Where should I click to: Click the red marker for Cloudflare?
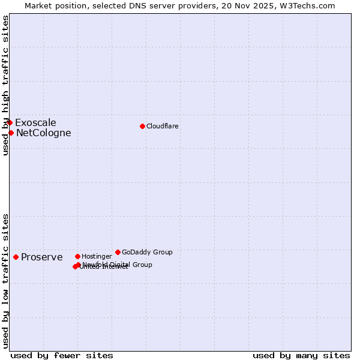click(142, 126)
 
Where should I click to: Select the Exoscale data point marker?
click(10, 122)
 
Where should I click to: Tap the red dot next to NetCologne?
click(11, 133)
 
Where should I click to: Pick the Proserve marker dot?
click(16, 257)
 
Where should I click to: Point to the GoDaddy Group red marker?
click(118, 252)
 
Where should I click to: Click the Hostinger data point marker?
click(77, 256)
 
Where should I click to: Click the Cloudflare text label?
click(163, 126)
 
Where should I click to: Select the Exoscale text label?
click(35, 123)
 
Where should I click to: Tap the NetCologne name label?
click(43, 133)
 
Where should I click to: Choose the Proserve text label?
click(41, 257)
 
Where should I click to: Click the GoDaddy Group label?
click(147, 252)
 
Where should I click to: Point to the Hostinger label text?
click(97, 256)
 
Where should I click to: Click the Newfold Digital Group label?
click(117, 265)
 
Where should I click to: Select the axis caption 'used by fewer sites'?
click(62, 355)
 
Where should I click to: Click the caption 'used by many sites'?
click(301, 355)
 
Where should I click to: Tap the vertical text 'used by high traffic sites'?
click(5, 85)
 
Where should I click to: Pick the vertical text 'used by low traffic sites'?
click(5, 280)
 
